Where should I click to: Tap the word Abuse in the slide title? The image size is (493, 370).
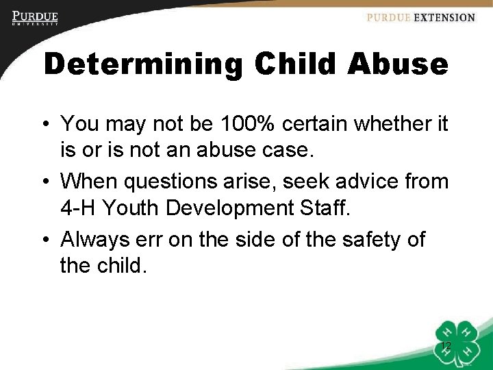point(398,64)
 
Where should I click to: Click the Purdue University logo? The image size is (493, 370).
point(35,18)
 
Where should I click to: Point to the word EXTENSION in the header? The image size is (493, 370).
point(444,18)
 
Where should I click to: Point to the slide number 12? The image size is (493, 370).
point(446,346)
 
